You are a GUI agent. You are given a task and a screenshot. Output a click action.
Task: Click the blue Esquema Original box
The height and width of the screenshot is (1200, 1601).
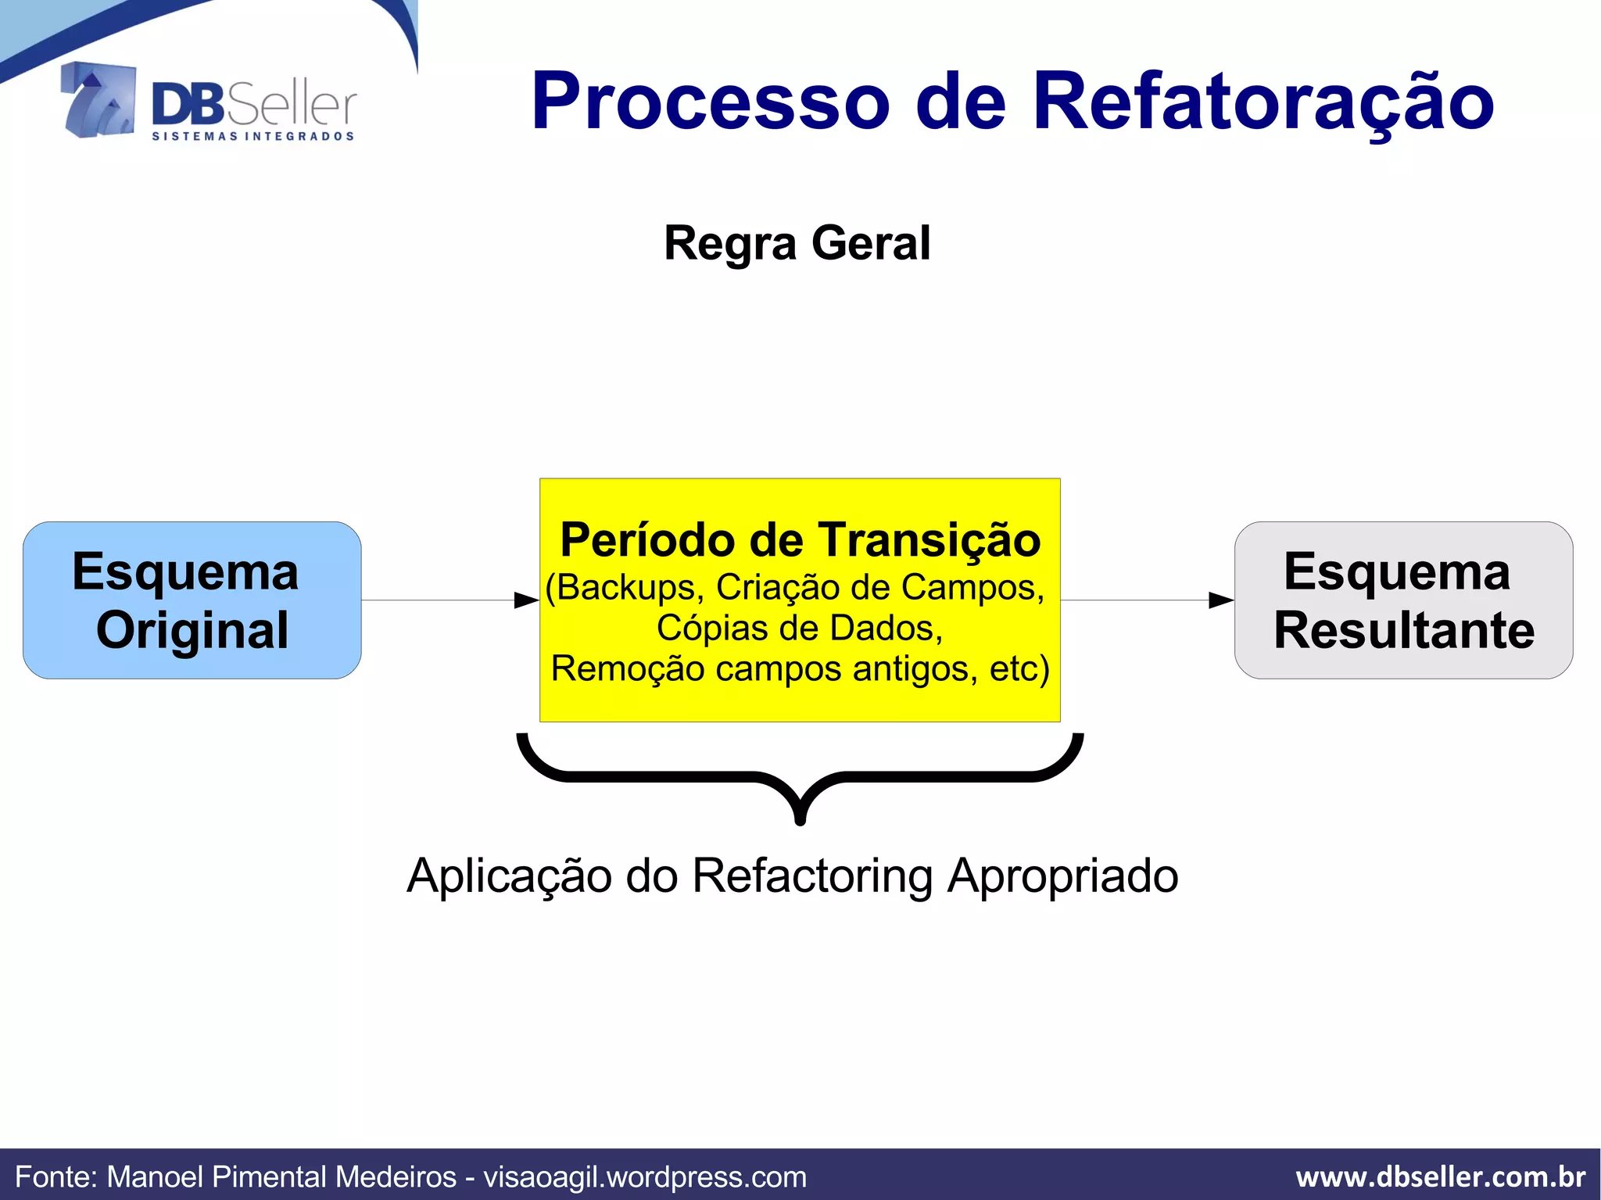[192, 600]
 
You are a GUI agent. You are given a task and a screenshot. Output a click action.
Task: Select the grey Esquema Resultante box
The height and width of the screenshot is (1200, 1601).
[1403, 600]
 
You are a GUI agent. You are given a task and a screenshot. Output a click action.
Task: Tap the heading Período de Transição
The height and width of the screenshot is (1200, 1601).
[800, 540]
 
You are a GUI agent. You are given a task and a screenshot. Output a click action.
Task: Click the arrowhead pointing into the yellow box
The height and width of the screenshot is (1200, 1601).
[527, 600]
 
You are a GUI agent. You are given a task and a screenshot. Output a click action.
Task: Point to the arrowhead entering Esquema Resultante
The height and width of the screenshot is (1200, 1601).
[1221, 600]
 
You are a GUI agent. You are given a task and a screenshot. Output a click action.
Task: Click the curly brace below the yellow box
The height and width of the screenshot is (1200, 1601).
[800, 778]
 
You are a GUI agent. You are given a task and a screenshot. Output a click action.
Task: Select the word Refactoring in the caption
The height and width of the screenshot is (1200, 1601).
[812, 876]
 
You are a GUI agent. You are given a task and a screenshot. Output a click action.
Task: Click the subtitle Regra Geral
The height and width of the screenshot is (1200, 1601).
[797, 243]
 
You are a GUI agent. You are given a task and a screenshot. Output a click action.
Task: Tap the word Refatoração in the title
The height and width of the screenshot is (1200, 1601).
[1263, 102]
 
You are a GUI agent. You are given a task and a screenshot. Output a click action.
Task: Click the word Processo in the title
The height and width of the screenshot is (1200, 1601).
[710, 102]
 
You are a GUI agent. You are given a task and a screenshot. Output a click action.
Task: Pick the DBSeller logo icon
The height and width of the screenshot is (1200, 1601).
[98, 101]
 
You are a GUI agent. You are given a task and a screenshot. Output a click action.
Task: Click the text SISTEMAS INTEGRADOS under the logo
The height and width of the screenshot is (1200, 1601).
[253, 137]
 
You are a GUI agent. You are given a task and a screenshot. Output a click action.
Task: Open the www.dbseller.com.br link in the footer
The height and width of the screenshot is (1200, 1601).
[1440, 1177]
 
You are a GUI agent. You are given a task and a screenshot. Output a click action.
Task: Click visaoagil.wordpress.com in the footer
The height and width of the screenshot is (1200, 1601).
[645, 1177]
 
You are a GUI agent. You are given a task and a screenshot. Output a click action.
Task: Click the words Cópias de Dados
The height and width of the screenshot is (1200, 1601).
[800, 629]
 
